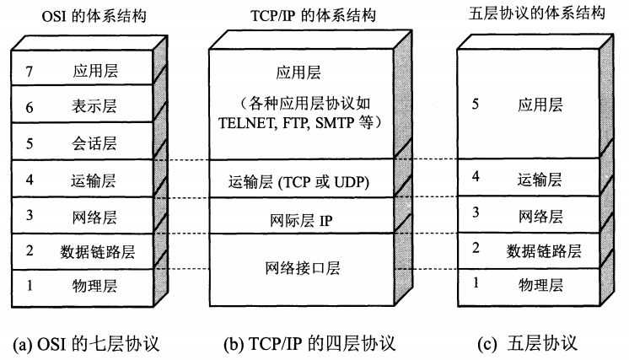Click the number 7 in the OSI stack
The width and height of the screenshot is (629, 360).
pyautogui.click(x=30, y=71)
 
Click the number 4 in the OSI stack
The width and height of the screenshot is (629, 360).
pyautogui.click(x=30, y=179)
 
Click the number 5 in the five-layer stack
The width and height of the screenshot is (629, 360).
pyautogui.click(x=476, y=105)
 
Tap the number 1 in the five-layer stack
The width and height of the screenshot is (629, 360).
pyautogui.click(x=476, y=283)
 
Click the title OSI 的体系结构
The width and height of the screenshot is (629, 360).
pyautogui.click(x=83, y=14)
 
